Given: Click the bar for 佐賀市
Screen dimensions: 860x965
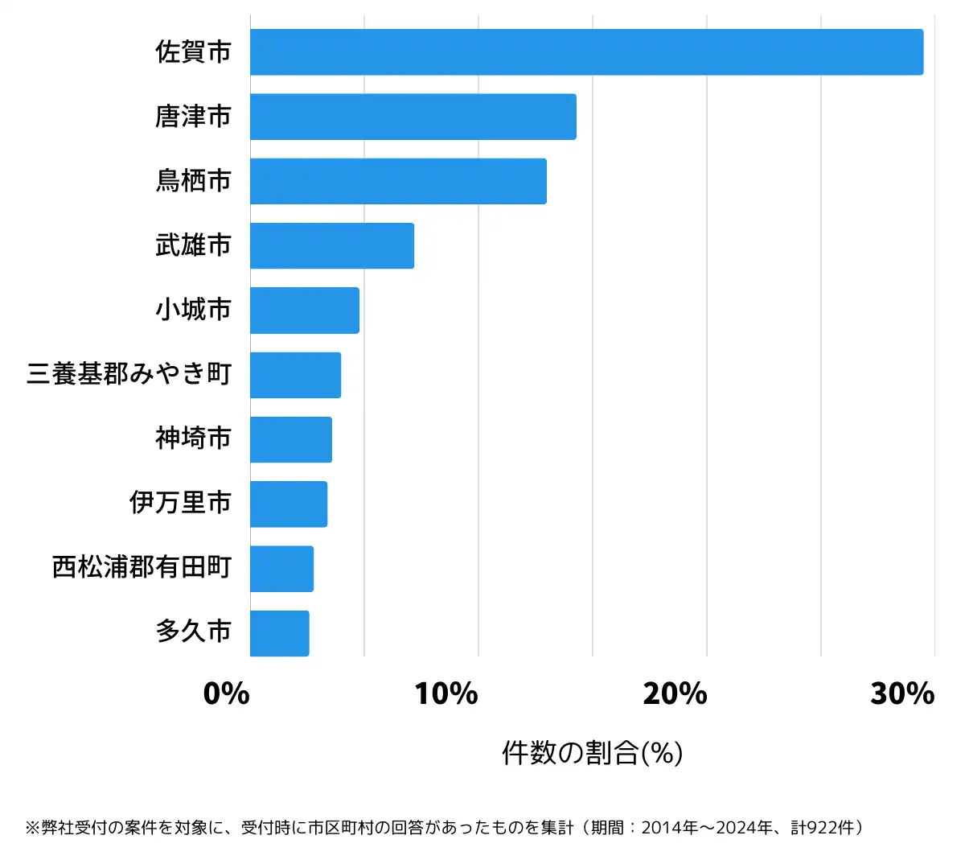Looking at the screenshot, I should click(586, 52).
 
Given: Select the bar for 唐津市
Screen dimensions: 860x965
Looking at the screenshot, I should click(413, 117).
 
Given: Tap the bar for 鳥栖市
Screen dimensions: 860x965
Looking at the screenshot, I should click(398, 181).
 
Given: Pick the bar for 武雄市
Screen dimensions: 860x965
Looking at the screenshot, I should click(331, 245).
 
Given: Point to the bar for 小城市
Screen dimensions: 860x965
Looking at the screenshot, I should click(304, 310).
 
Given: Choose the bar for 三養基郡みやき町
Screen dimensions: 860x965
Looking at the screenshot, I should click(295, 375).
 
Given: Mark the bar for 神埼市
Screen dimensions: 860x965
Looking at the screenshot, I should click(290, 439).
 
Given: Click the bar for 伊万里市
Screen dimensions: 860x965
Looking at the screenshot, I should click(288, 504).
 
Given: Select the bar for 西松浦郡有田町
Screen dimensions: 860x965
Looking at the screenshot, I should click(281, 569).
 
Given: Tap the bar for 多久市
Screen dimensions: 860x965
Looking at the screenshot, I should click(279, 633).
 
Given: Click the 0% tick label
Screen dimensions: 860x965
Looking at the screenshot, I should click(226, 693).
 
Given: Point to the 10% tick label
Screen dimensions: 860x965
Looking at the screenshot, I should click(446, 693).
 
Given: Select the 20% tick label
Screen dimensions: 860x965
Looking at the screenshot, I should click(675, 693).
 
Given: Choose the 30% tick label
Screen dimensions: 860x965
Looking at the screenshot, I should click(902, 693).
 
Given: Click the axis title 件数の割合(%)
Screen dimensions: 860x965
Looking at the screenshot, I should click(592, 753).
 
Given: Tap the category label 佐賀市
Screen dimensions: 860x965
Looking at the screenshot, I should click(193, 52).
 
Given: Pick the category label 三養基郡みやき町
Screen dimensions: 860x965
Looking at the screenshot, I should click(129, 374).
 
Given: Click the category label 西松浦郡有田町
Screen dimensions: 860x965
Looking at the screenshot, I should click(142, 567).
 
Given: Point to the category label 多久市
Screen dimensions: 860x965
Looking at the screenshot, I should click(193, 632).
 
